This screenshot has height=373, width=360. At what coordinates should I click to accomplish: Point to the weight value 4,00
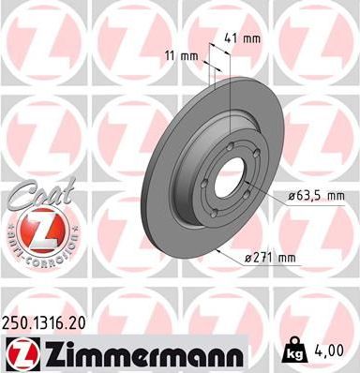[x=337, y=351]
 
